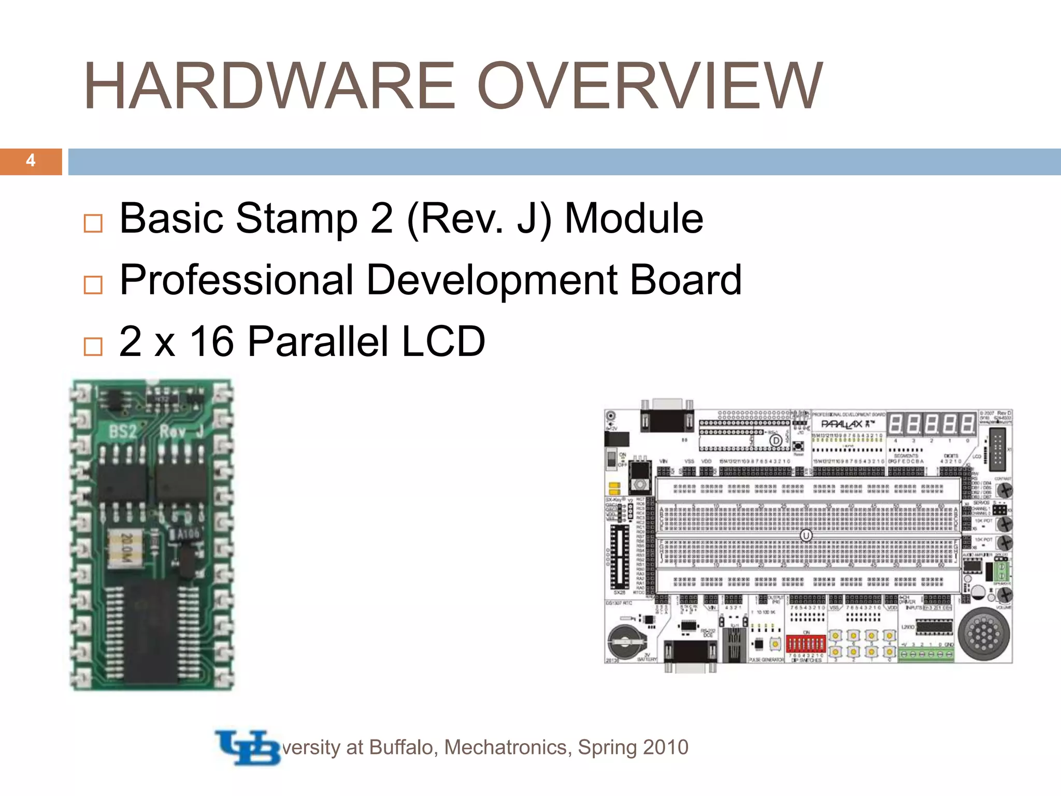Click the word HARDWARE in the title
pyautogui.click(x=269, y=86)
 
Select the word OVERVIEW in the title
pyautogui.click(x=650, y=86)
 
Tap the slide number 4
pyautogui.click(x=31, y=161)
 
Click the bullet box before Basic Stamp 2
pyautogui.click(x=93, y=223)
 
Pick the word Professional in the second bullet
pyautogui.click(x=236, y=280)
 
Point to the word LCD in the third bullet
pyautogui.click(x=443, y=342)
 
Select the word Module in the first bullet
pyautogui.click(x=634, y=219)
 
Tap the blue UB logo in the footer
pyautogui.click(x=248, y=747)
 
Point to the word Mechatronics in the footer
pyautogui.click(x=508, y=747)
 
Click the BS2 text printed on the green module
pyautogui.click(x=123, y=432)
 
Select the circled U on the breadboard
pyautogui.click(x=806, y=535)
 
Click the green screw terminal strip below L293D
pyautogui.click(x=925, y=655)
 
